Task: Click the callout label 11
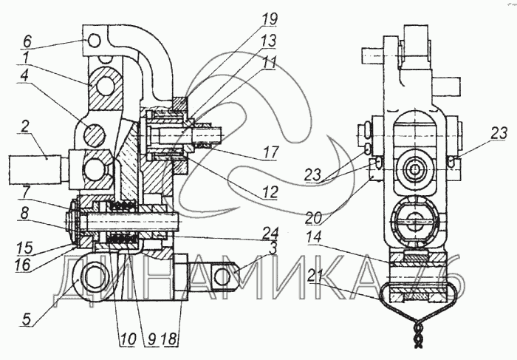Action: click(x=269, y=64)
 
